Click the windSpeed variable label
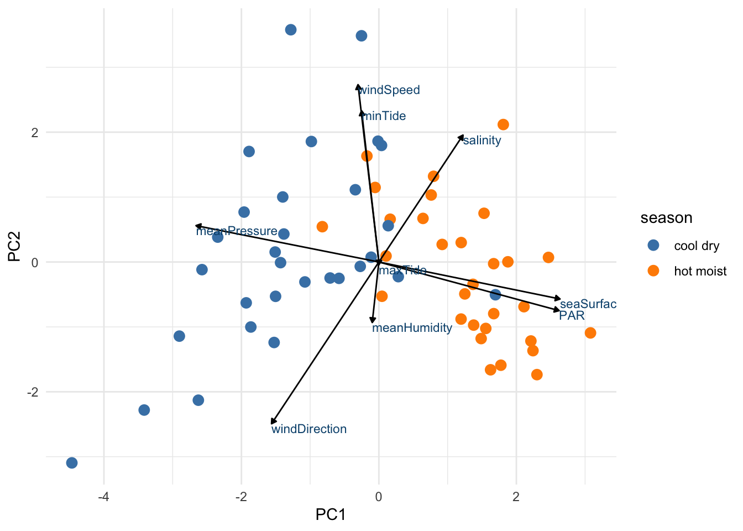click(x=390, y=90)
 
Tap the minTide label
click(x=385, y=116)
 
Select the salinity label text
click(x=482, y=140)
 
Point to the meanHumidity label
click(x=412, y=328)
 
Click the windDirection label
click(x=309, y=429)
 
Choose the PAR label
click(x=572, y=316)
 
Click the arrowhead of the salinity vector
click(x=462, y=136)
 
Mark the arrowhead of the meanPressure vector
click(x=197, y=226)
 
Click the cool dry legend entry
click(x=696, y=246)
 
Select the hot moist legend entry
click(x=700, y=271)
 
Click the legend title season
click(x=666, y=218)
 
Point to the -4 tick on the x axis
click(x=103, y=497)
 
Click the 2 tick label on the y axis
click(x=35, y=133)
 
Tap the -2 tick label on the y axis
click(x=32, y=392)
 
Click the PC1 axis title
click(x=330, y=515)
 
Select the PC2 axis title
click(x=15, y=246)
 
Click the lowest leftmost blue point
click(x=72, y=463)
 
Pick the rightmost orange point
click(x=590, y=333)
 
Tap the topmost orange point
click(x=503, y=125)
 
